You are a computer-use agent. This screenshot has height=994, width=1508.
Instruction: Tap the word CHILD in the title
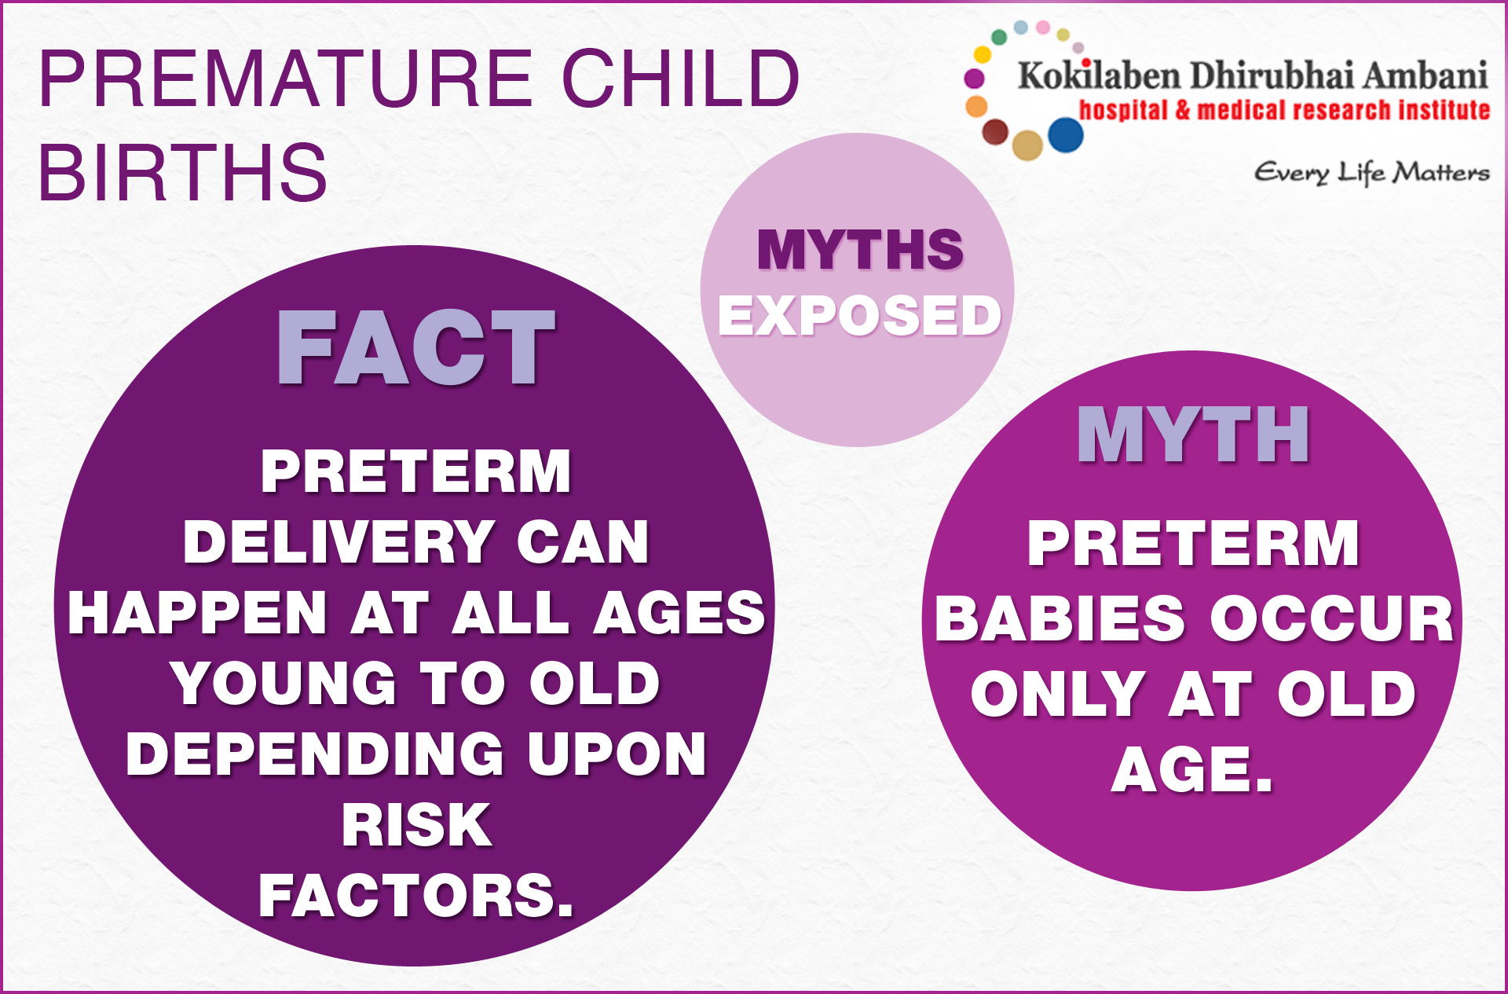point(681,79)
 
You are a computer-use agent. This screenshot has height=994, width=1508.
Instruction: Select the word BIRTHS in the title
point(183,172)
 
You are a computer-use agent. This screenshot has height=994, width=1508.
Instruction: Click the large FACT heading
point(416,347)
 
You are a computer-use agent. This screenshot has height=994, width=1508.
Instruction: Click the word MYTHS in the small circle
point(861,250)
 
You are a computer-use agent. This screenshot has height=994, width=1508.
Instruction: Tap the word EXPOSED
point(860,315)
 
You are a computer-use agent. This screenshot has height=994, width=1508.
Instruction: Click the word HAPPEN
point(197,613)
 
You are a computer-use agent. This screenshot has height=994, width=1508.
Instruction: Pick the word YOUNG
point(284,684)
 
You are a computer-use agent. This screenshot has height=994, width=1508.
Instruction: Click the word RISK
point(417,825)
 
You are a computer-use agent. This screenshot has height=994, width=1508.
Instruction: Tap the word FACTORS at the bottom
point(416,896)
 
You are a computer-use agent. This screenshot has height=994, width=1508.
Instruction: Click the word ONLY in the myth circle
point(1057,694)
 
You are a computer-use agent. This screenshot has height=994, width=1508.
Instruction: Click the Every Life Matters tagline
point(1371,172)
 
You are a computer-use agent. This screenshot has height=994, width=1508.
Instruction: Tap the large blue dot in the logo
point(1066,134)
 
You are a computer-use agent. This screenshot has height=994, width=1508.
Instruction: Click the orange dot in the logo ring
point(976,106)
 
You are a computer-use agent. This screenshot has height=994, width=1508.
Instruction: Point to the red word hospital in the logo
point(1123,110)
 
